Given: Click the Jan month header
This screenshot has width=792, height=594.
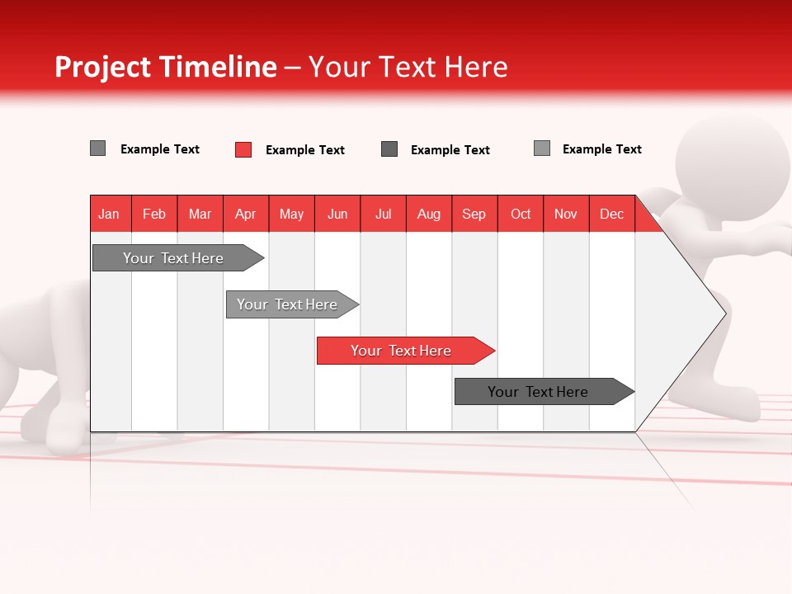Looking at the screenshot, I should point(110,214).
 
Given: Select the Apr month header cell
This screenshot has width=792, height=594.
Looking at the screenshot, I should point(246,214).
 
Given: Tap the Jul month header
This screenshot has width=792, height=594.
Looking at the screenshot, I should point(383,214).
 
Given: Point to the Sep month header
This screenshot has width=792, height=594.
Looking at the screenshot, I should point(474,214).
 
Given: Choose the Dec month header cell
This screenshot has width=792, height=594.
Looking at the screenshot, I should point(611,214).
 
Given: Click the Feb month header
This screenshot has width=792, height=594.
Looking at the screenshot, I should point(154,214).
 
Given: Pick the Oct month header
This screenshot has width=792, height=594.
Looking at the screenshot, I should point(521,214).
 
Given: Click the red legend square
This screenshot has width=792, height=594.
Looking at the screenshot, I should point(243,149).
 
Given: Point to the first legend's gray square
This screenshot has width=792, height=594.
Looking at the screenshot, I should point(98,148).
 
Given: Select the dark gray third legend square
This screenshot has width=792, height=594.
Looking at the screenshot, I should point(389,149).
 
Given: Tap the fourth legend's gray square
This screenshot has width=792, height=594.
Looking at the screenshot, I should point(542,148).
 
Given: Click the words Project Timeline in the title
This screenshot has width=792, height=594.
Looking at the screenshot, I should point(165,67).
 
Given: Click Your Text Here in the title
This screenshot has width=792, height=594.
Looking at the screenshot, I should point(408,67).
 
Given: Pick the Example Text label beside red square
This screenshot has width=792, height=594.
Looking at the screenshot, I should point(304,150).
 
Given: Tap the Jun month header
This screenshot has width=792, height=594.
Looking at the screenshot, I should point(337,214).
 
